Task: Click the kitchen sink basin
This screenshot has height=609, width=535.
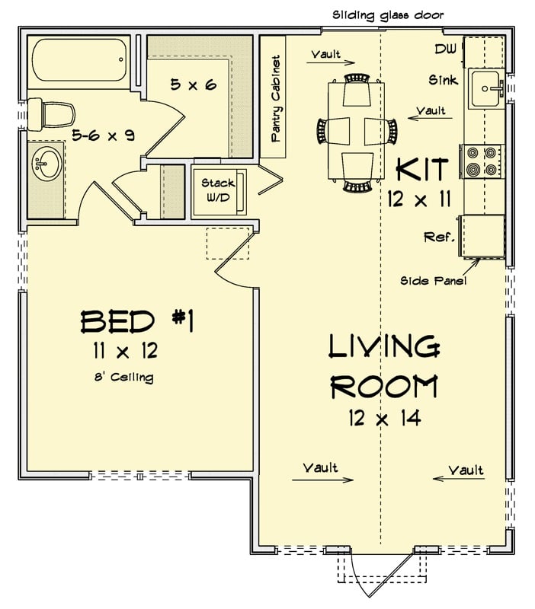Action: point(485,90)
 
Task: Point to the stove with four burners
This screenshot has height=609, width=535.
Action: point(482,161)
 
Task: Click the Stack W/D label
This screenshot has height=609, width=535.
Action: point(218,190)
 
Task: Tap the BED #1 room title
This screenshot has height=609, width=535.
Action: point(137,322)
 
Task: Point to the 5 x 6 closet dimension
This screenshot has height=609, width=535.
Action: point(193,84)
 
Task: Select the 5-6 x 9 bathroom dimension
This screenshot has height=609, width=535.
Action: point(104,136)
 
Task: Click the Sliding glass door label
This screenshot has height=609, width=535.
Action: point(388,14)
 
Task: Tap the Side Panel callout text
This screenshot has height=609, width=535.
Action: point(434,280)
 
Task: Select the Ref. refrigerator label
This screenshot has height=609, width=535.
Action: point(440,238)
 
